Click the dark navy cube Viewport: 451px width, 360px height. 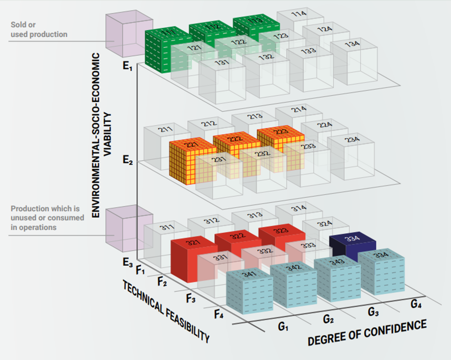(x=352, y=244)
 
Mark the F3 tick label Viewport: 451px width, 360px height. (x=191, y=298)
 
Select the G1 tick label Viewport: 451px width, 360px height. (x=283, y=327)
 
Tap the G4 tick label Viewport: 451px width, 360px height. (x=416, y=304)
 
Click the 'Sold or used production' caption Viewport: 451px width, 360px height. (x=39, y=29)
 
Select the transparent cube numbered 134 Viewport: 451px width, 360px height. (x=355, y=62)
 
